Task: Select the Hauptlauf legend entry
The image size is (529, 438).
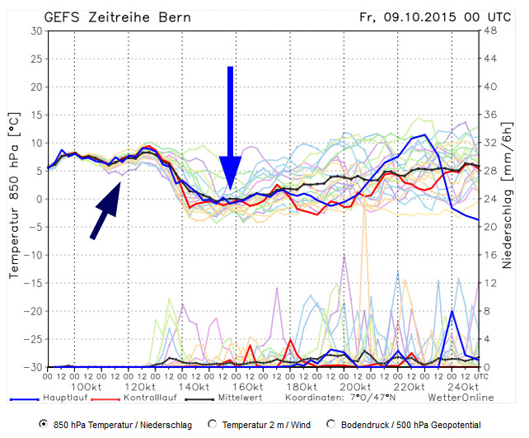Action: tap(51, 397)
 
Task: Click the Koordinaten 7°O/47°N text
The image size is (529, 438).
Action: tap(339, 397)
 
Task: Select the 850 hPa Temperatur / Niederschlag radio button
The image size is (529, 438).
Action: tap(44, 424)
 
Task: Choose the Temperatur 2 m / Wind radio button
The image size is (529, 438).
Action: tap(212, 424)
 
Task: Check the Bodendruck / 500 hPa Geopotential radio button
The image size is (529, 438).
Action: tap(330, 424)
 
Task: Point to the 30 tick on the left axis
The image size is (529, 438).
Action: tap(35, 31)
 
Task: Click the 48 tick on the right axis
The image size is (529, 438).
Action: tap(490, 31)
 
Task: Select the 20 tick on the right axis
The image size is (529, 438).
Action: tap(490, 227)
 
